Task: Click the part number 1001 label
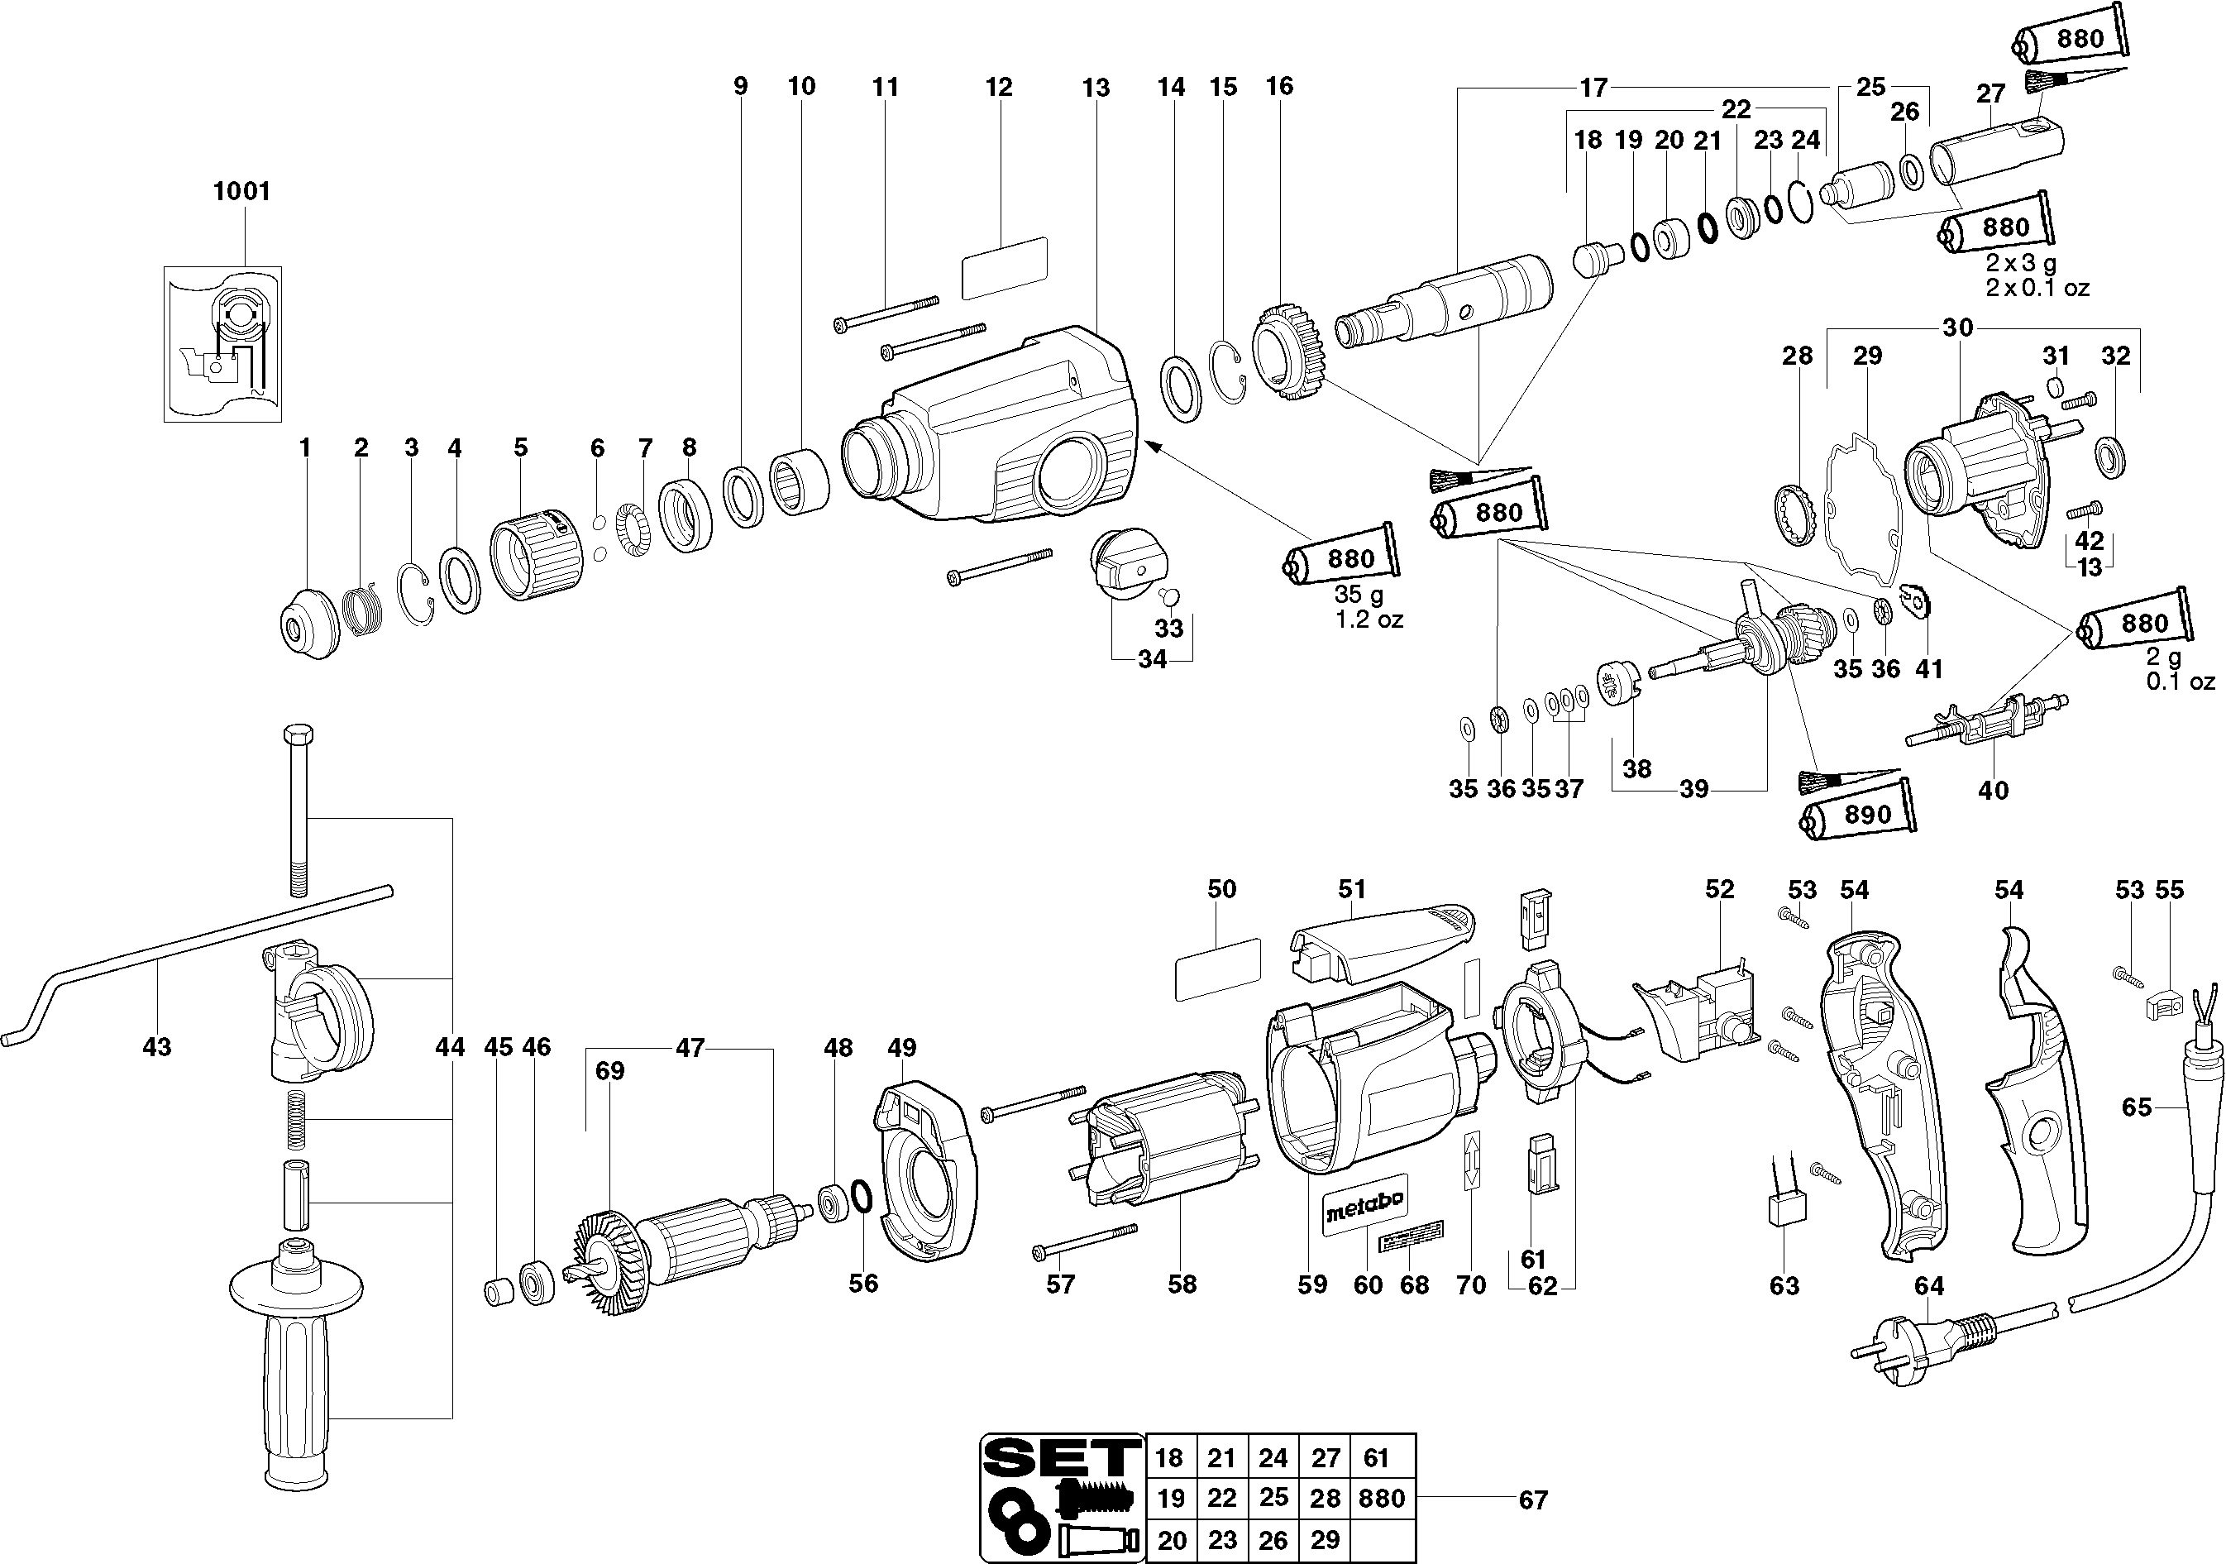click(241, 191)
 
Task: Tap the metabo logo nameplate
click(1364, 1205)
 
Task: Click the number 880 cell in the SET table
click(1382, 1499)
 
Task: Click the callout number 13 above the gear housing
click(1096, 88)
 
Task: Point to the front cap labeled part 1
click(308, 623)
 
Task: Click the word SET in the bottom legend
click(1061, 1456)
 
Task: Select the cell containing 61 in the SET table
click(1376, 1457)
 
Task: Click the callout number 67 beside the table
click(1533, 1500)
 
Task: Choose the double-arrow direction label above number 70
click(1472, 1159)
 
